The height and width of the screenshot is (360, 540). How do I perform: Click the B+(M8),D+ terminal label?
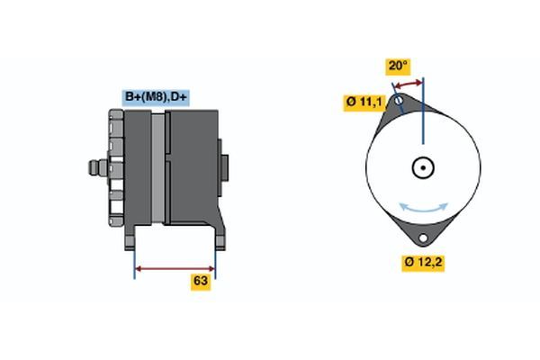pyautogui.click(x=156, y=96)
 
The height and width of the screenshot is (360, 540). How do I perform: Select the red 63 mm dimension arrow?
pyautogui.click(x=175, y=268)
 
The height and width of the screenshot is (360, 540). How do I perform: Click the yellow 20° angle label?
pyautogui.click(x=398, y=66)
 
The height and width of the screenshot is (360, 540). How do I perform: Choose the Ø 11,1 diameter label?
pyautogui.click(x=364, y=103)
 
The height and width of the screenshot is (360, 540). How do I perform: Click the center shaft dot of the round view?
pyautogui.click(x=422, y=167)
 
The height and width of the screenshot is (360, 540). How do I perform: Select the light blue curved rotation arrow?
pyautogui.click(x=422, y=208)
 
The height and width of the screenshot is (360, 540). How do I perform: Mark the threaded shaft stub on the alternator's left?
pyautogui.click(x=92, y=167)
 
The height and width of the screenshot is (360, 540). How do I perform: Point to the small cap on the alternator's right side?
pyautogui.click(x=225, y=168)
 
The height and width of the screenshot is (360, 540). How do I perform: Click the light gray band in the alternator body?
pyautogui.click(x=158, y=166)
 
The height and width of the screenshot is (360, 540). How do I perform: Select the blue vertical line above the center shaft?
pyautogui.click(x=422, y=112)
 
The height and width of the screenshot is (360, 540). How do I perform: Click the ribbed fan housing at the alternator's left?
pyautogui.click(x=115, y=166)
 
